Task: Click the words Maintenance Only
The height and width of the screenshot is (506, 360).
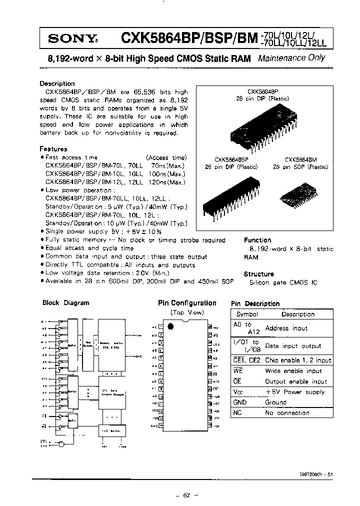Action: [x=291, y=58]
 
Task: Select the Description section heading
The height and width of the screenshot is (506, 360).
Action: [x=57, y=83]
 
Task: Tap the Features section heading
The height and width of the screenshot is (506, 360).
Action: [x=53, y=148]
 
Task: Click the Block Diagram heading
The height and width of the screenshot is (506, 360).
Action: [x=66, y=302]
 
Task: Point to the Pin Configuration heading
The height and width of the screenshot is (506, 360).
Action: [x=187, y=303]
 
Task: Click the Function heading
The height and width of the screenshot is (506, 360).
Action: [x=257, y=240]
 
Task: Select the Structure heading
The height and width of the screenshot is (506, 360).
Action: [x=258, y=274]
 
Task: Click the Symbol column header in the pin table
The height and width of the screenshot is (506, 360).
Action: [x=246, y=314]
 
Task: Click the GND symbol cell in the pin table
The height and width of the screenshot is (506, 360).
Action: [x=240, y=402]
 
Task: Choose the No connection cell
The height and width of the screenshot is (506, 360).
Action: [x=287, y=413]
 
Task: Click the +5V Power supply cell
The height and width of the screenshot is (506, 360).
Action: [x=295, y=392]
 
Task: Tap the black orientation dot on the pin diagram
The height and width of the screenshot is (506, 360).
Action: [x=170, y=326]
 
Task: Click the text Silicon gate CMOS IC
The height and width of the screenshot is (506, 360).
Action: [x=283, y=282]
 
